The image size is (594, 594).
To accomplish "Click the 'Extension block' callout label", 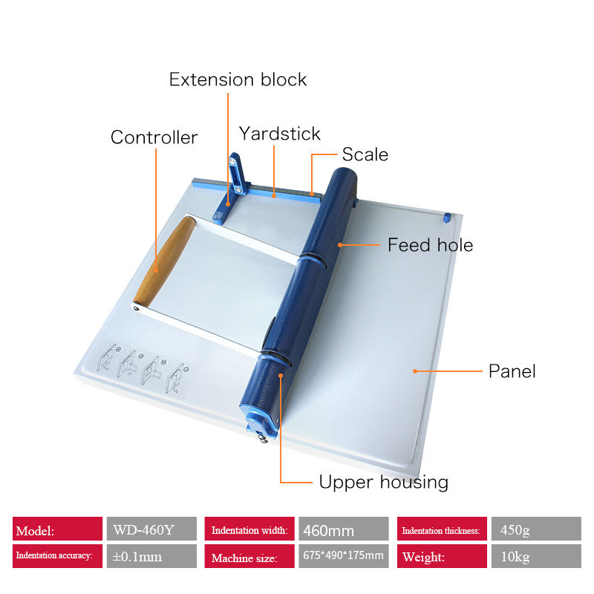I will tap(238, 79).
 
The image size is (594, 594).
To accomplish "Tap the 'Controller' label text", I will tap(154, 137).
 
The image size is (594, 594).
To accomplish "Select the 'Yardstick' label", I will tap(279, 134).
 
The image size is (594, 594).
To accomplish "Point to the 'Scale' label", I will tap(365, 154).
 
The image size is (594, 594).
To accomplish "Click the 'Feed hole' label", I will tap(430, 245).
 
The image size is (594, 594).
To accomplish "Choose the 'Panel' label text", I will tap(512, 371).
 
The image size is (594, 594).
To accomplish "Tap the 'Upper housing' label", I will tap(383, 482).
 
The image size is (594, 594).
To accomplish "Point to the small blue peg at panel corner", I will tap(447, 217).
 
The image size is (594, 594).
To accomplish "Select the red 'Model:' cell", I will tap(57, 530).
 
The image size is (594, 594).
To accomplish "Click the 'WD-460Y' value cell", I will tap(151, 530).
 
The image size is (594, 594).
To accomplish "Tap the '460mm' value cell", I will tap(343, 530).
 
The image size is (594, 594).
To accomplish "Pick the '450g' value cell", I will tap(535, 530).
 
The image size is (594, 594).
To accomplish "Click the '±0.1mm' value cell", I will tap(151, 556).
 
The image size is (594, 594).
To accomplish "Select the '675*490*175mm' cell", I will tap(343, 556).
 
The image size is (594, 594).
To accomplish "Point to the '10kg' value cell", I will tap(535, 556).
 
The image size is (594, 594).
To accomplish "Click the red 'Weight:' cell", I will tap(442, 556).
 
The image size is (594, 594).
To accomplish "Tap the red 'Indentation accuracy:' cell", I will tap(57, 556).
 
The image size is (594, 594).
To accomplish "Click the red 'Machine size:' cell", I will tap(249, 556).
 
